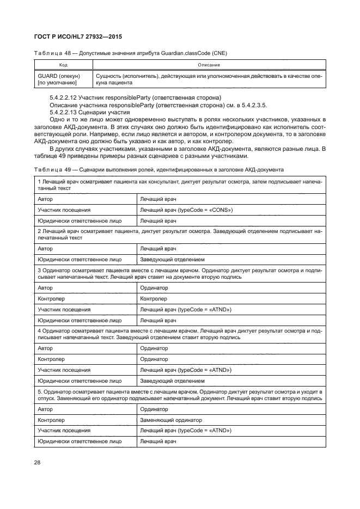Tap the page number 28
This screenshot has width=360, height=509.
38,462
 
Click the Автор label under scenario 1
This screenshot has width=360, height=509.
45,199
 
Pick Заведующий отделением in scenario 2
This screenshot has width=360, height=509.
172,259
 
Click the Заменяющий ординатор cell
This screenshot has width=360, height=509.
171,420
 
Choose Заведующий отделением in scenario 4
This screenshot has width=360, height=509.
172,381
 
